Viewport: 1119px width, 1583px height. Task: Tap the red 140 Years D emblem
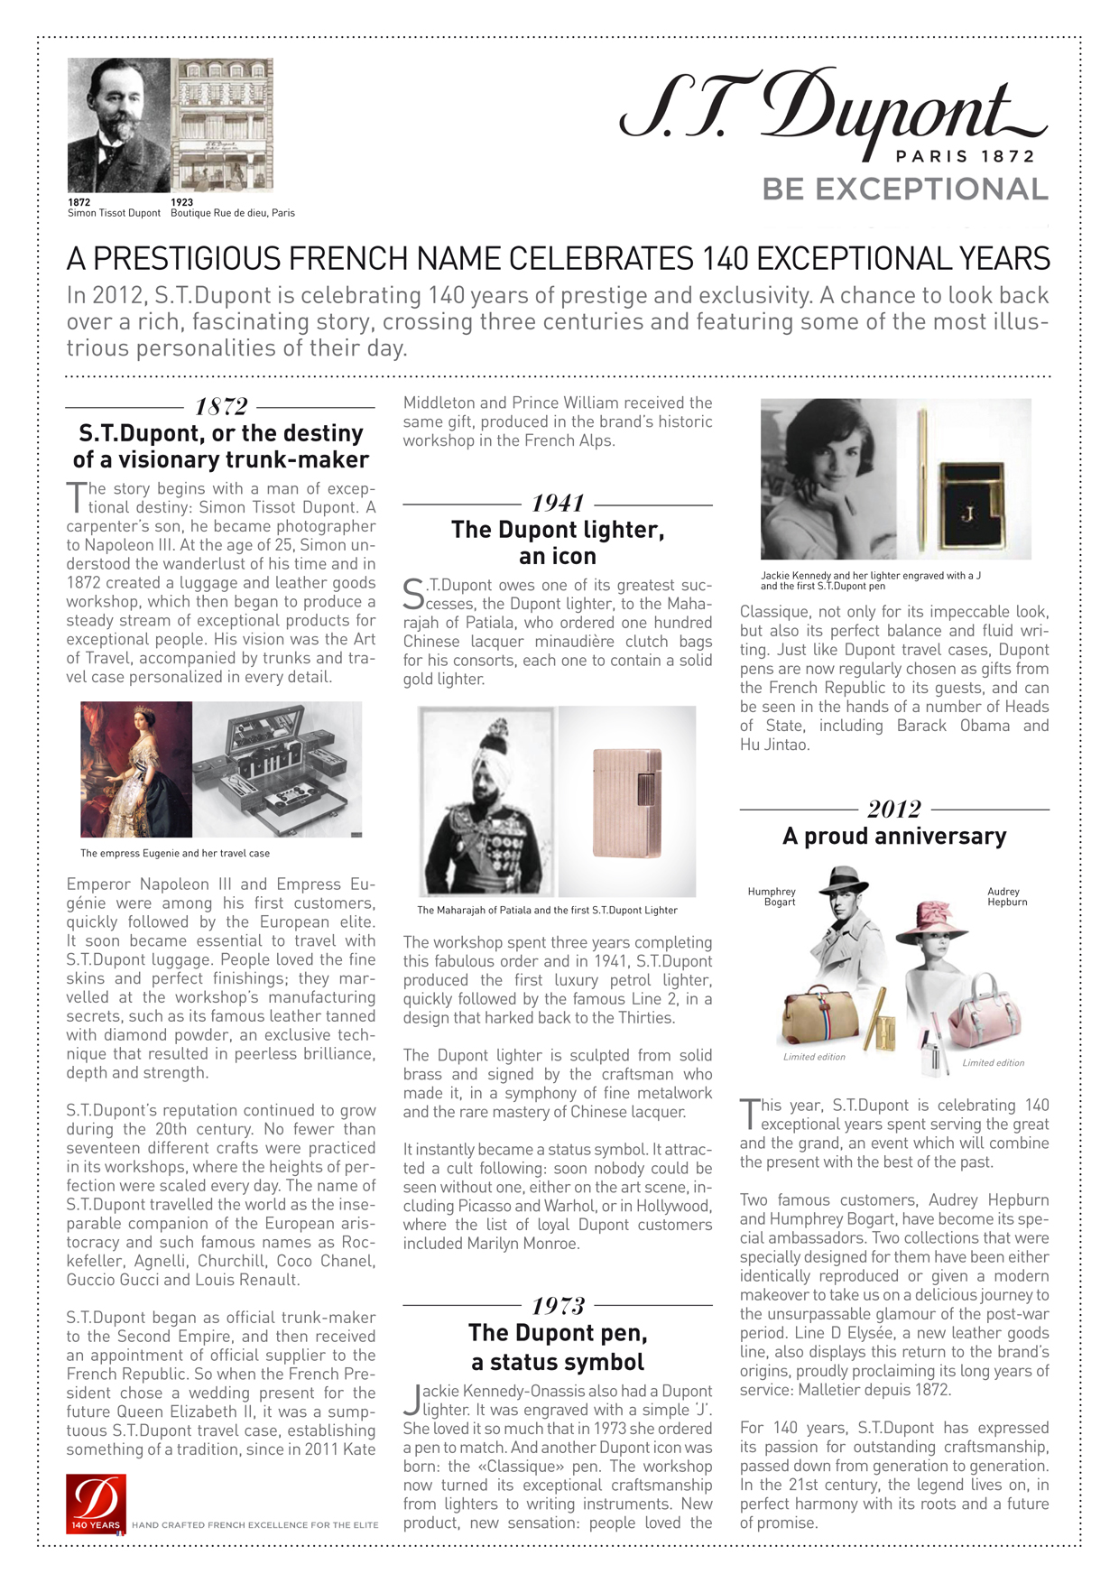(96, 1503)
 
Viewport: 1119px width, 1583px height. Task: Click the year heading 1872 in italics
(221, 407)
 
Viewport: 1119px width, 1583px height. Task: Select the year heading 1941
(558, 503)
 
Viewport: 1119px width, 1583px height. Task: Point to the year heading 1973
(558, 1305)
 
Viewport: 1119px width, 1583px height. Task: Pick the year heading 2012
(894, 809)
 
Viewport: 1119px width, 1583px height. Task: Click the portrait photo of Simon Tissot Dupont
(118, 125)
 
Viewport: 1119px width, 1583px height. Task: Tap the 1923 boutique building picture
(222, 125)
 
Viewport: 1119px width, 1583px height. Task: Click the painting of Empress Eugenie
(136, 769)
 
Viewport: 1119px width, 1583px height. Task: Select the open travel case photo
(277, 769)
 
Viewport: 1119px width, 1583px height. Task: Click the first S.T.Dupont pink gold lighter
(626, 801)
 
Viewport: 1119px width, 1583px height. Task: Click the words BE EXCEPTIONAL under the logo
(904, 190)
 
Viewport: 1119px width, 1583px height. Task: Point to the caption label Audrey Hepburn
(1006, 896)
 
